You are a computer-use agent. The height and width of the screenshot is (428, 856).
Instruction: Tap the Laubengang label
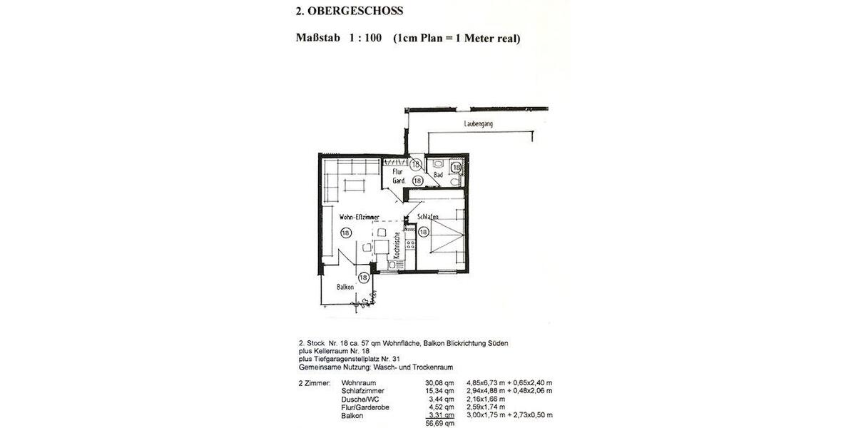pyautogui.click(x=478, y=123)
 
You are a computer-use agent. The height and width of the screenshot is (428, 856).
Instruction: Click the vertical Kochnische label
pyautogui.click(x=397, y=250)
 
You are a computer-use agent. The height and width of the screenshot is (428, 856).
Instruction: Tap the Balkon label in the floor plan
pyautogui.click(x=346, y=287)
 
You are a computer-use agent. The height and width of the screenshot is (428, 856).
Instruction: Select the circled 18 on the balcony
pyautogui.click(x=364, y=277)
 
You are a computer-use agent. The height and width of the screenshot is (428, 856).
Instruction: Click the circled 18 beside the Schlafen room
pyautogui.click(x=423, y=232)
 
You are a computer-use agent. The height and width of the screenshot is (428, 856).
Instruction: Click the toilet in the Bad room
pyautogui.click(x=437, y=163)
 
